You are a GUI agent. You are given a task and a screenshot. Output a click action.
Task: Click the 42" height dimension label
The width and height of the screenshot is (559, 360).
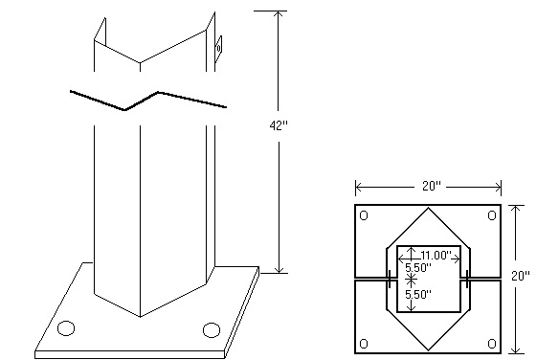coord(279,124)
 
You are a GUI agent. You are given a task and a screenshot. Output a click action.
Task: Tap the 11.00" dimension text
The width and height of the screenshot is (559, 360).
coord(436,256)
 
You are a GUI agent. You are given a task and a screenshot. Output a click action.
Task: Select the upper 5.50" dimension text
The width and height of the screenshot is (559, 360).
coord(416,267)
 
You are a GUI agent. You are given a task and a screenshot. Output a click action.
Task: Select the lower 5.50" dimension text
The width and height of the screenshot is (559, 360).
coord(416,296)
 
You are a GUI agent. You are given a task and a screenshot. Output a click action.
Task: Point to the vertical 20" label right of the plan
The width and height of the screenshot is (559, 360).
coord(521,276)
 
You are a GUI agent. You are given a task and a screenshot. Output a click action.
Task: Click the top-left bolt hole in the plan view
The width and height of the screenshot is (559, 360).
coord(364,215)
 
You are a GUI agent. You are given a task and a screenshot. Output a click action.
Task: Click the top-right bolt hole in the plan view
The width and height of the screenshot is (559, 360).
coord(491,215)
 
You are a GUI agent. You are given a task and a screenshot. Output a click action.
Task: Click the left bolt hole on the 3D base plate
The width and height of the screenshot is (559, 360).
coord(66,328)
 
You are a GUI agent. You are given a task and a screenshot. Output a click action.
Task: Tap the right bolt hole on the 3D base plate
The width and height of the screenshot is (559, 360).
coord(211,330)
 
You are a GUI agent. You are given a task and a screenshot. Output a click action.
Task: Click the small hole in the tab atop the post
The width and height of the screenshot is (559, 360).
coord(218,43)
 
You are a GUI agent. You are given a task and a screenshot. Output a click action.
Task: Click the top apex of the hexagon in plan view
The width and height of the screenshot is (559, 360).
coord(428,208)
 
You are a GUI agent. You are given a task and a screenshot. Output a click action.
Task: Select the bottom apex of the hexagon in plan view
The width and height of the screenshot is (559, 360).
coord(428,350)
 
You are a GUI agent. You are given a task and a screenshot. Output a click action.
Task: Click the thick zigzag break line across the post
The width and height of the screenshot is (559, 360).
coord(148,100)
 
